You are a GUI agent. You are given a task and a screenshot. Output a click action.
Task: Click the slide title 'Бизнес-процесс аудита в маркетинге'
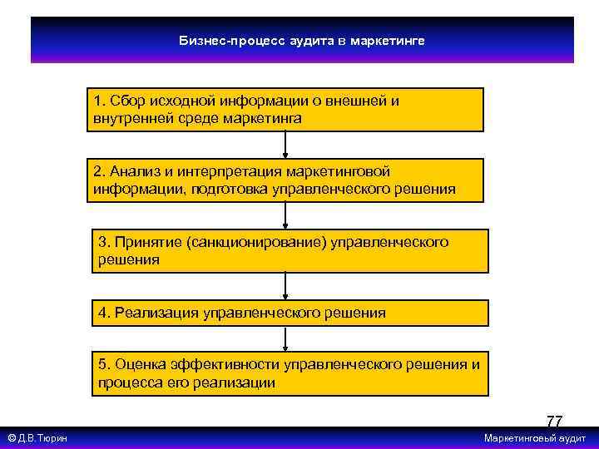(302, 40)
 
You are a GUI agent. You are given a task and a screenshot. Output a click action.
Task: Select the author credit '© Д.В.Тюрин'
(37, 438)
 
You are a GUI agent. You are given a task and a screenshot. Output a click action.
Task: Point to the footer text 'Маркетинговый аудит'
(535, 438)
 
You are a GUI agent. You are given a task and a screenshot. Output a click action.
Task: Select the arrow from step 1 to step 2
(286, 145)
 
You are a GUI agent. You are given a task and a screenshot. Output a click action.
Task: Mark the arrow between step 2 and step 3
(286, 215)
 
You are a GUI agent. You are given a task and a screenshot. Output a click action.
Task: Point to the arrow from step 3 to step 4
(286, 286)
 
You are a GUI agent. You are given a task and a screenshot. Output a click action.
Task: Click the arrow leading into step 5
(286, 338)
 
